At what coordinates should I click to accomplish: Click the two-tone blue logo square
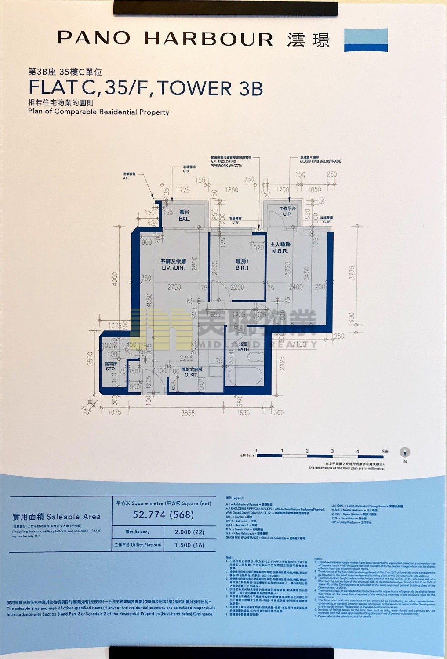tap(366, 40)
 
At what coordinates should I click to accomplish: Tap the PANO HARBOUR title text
tap(165, 39)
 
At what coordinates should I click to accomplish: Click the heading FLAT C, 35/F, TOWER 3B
tap(145, 87)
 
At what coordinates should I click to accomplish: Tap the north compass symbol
tap(405, 453)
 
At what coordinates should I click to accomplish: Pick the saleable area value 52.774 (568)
tap(163, 514)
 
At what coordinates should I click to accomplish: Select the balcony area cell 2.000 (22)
tap(189, 532)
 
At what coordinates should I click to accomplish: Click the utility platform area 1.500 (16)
tap(189, 545)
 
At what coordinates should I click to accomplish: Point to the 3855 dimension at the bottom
tap(188, 413)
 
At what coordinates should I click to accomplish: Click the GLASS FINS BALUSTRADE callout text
tap(320, 161)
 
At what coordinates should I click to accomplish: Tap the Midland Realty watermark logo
tap(224, 329)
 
